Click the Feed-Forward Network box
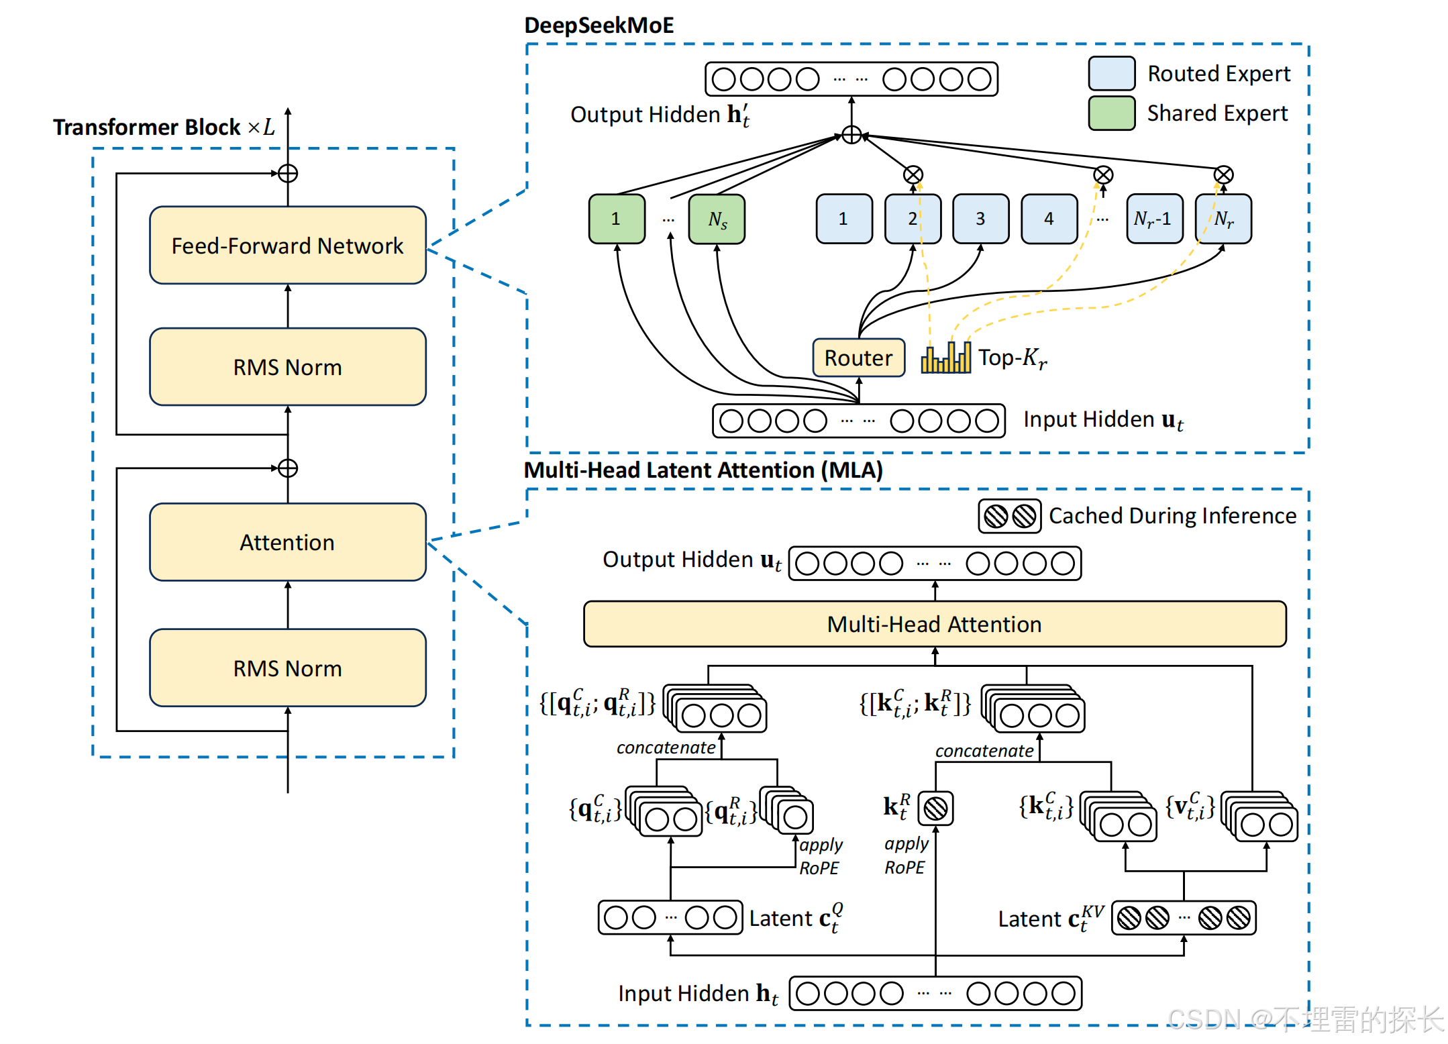(x=288, y=245)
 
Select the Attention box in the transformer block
(x=288, y=541)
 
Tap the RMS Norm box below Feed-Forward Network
(x=288, y=366)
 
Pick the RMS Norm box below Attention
(x=288, y=668)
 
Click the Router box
(x=858, y=358)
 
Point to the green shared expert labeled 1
(x=617, y=219)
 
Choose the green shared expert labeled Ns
(x=717, y=219)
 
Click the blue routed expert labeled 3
(x=980, y=219)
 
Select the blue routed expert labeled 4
(x=1049, y=219)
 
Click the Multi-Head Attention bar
(x=935, y=624)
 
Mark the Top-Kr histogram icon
(x=945, y=357)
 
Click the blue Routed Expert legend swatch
(x=1112, y=73)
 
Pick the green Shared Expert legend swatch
(x=1112, y=113)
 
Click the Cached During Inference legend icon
(x=1009, y=516)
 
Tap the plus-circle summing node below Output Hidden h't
(x=851, y=135)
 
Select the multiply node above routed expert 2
(x=913, y=175)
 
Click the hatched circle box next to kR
(x=935, y=808)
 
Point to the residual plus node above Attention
(x=288, y=468)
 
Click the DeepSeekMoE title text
(x=599, y=25)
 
